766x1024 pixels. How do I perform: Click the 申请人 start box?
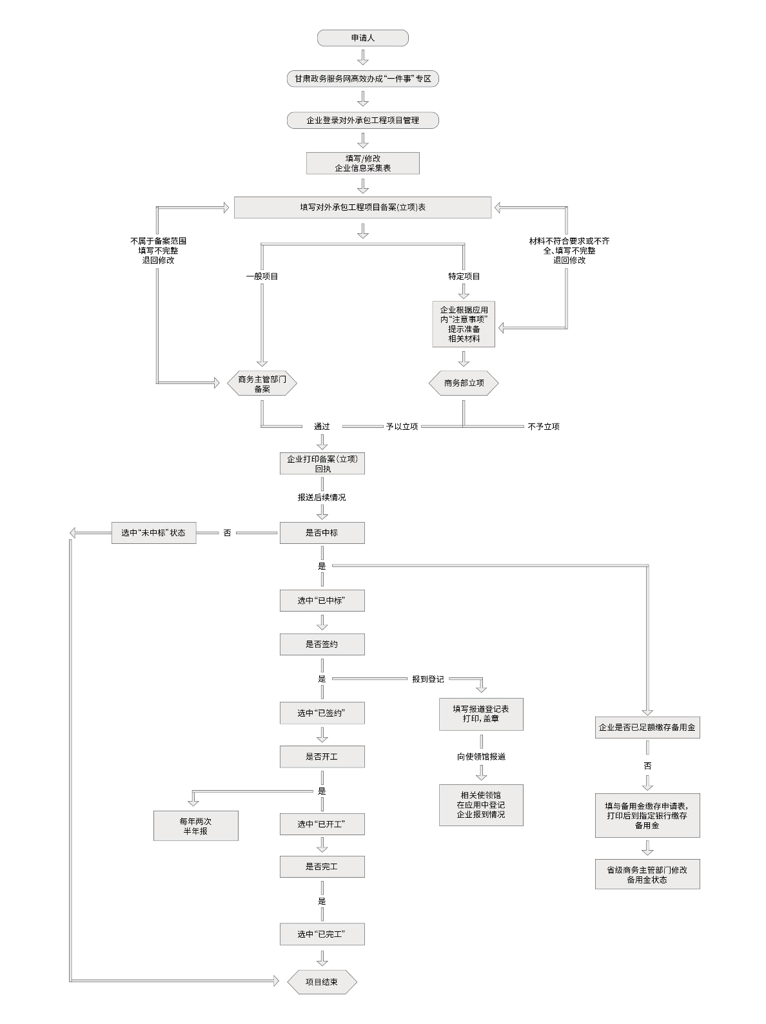363,38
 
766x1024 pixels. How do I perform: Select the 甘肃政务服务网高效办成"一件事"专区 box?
363,79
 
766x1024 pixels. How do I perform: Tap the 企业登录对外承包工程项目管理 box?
363,121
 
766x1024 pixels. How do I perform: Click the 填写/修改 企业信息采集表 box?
363,163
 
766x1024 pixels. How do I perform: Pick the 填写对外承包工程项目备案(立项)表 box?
363,208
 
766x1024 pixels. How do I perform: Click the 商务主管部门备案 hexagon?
262,384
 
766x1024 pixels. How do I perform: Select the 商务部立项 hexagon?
464,383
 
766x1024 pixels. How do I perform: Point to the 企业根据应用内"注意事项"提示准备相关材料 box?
464,324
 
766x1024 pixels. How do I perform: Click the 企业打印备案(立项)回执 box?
322,464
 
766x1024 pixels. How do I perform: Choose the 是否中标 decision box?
322,533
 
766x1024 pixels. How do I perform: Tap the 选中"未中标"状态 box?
153,533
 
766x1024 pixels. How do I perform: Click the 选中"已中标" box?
322,601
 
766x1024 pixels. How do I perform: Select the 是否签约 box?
322,644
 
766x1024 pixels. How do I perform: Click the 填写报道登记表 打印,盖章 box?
481,713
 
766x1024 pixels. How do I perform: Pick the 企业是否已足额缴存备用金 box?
647,728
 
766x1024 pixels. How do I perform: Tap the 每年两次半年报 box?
196,826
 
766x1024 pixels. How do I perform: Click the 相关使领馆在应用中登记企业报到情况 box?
481,805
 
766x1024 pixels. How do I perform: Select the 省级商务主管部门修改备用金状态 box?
647,874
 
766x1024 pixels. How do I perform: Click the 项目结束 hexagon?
322,982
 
